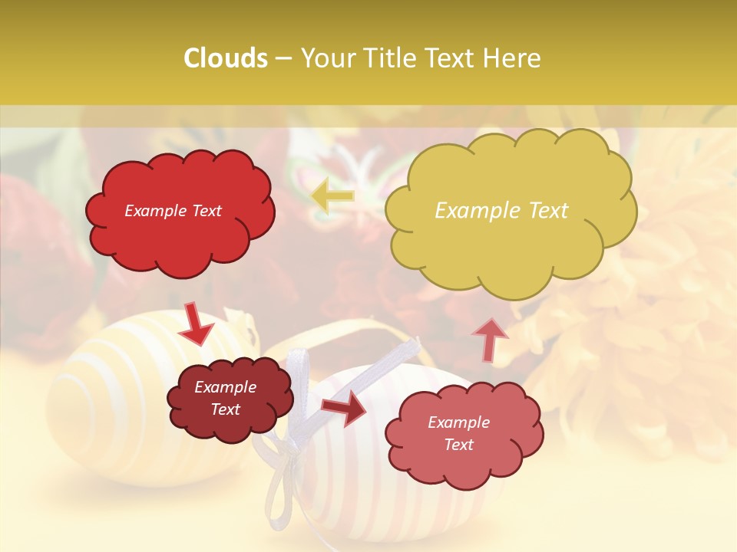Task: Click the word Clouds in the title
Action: click(226, 58)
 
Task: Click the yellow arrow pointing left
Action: click(333, 195)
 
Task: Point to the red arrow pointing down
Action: click(196, 324)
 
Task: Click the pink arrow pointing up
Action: click(489, 339)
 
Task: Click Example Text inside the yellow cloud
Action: click(501, 210)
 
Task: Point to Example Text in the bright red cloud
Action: click(173, 211)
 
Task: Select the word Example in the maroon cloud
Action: click(225, 387)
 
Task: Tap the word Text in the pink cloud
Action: click(458, 445)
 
